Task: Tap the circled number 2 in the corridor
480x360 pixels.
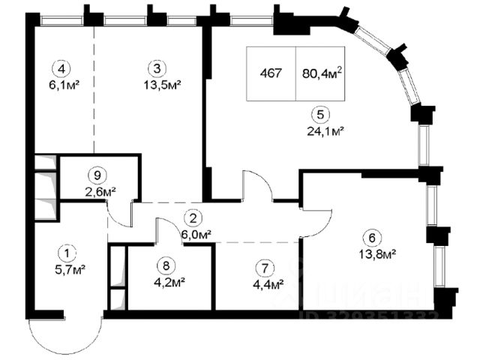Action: [x=193, y=219]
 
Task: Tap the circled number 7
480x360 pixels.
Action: [x=261, y=268]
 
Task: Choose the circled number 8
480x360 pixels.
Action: [x=165, y=267]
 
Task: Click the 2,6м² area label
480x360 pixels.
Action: [x=100, y=192]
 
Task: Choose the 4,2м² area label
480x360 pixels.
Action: [x=169, y=283]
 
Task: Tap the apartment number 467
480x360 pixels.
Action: [x=271, y=73]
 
